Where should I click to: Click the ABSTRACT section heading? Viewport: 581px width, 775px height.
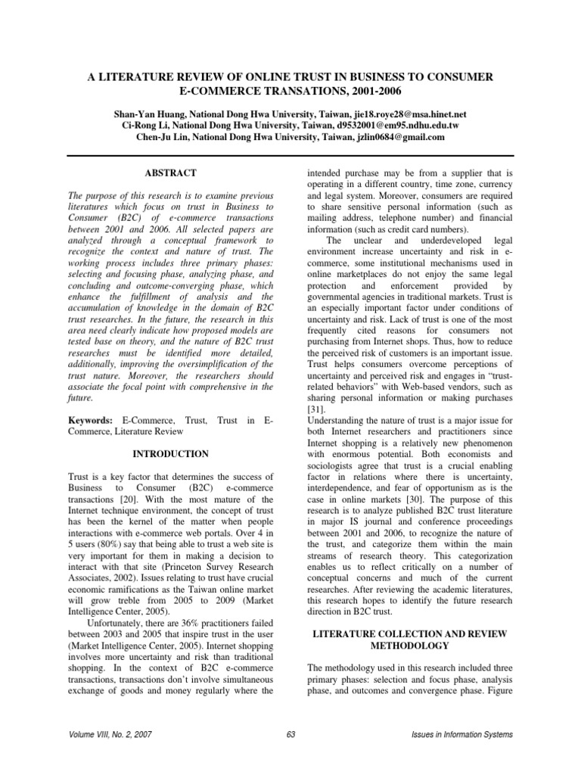[x=172, y=173]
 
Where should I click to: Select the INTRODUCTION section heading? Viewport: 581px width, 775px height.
[x=172, y=454]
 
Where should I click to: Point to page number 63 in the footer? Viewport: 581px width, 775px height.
[x=290, y=735]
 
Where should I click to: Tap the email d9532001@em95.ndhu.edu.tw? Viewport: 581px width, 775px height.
[x=406, y=125]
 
